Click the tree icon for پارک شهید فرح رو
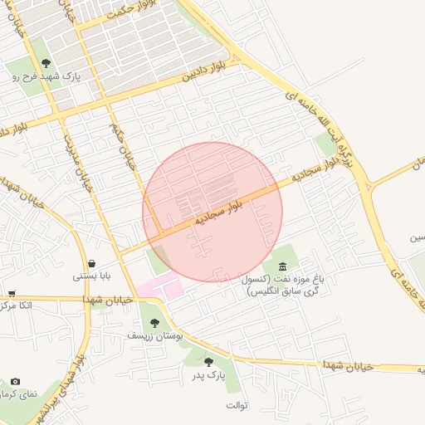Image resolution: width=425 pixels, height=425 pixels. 46,62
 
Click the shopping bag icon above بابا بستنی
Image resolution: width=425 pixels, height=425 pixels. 90,263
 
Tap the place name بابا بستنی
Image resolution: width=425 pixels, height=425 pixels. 90,276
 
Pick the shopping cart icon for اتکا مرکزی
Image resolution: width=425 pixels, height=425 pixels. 12,293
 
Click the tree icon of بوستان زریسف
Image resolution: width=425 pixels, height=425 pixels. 154,323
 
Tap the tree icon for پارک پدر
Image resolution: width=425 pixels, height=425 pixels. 208,362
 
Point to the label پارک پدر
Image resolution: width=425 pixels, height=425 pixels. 211,376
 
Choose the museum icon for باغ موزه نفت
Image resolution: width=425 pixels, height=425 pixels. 283,266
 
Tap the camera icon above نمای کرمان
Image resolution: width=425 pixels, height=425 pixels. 15,381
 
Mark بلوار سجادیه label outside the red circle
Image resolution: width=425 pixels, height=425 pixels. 316,171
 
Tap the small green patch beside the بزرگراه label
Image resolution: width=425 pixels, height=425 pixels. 324,144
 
